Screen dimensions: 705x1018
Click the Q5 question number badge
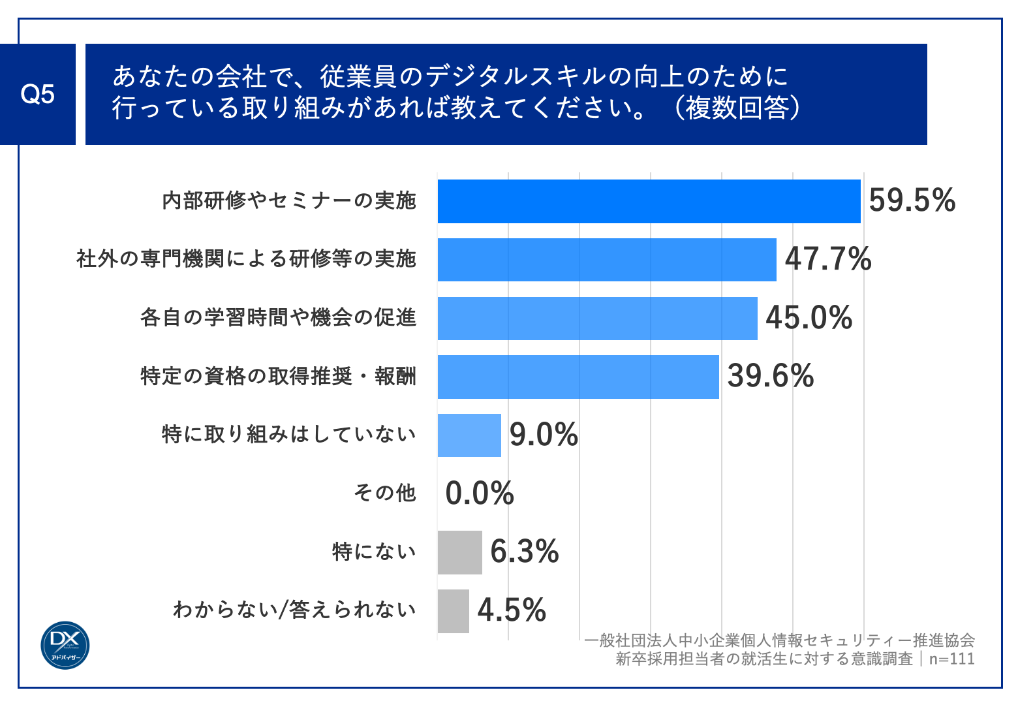point(38,95)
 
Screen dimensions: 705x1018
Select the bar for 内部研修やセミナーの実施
point(649,201)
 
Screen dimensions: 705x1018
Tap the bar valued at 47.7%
point(607,260)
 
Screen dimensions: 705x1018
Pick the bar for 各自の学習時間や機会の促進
point(597,319)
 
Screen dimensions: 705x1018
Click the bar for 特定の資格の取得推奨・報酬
point(578,377)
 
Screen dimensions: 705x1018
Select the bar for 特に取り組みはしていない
point(469,435)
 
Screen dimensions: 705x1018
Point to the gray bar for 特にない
point(459,552)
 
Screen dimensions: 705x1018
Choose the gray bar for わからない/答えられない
point(453,611)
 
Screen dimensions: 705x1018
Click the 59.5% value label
point(912,200)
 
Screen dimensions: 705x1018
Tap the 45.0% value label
point(809,318)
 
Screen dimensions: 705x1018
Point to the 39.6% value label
point(771,377)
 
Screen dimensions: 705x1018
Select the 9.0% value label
point(544,435)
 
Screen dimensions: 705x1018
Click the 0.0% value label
point(480,493)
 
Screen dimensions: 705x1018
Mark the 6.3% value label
point(525,552)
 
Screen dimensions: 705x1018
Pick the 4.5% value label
point(512,611)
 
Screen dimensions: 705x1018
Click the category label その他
point(385,493)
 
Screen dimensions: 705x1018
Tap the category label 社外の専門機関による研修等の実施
point(246,259)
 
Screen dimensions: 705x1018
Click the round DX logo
point(65,645)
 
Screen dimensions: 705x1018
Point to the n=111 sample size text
point(951,659)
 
